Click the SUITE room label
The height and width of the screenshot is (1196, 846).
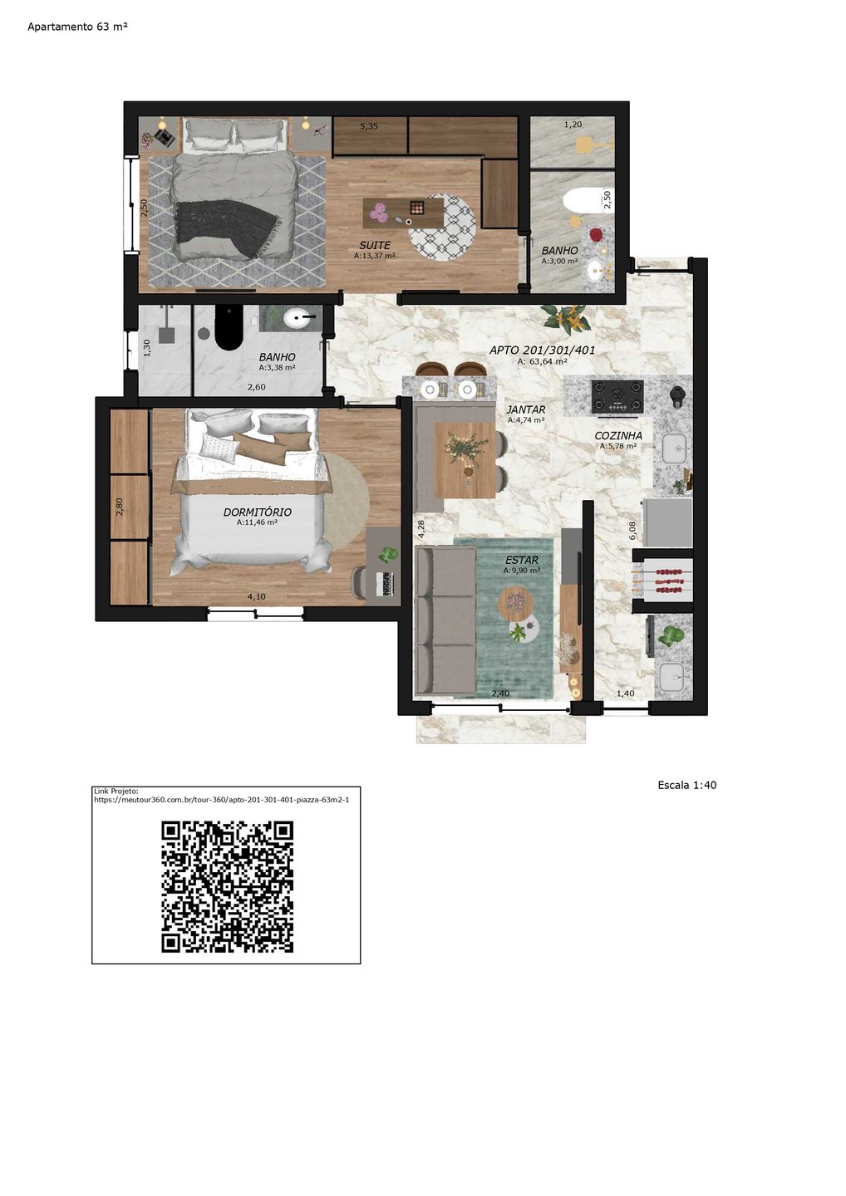coord(375,246)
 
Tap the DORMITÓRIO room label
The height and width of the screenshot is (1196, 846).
coord(258,512)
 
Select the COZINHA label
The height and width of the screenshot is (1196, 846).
coord(618,436)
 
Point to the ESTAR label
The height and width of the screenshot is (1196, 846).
coord(521,560)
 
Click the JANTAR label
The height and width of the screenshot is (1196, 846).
coord(525,409)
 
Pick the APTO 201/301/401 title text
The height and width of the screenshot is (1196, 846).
coord(542,350)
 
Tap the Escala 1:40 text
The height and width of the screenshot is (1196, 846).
coord(686,785)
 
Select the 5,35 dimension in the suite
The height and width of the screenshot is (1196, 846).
coord(369,126)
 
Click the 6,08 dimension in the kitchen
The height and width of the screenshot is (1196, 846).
coord(632,531)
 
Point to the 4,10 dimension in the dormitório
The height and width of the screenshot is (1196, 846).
coord(256,596)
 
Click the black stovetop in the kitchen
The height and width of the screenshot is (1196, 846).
coord(617,396)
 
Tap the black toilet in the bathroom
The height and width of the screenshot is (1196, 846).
coord(229,326)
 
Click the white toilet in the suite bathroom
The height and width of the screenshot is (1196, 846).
coord(582,201)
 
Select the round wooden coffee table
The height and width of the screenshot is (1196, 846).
coord(515,603)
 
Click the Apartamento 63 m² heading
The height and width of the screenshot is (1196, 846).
coord(77,27)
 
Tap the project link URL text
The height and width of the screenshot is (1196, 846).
coord(222,800)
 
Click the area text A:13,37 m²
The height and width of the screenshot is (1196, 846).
coord(375,256)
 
